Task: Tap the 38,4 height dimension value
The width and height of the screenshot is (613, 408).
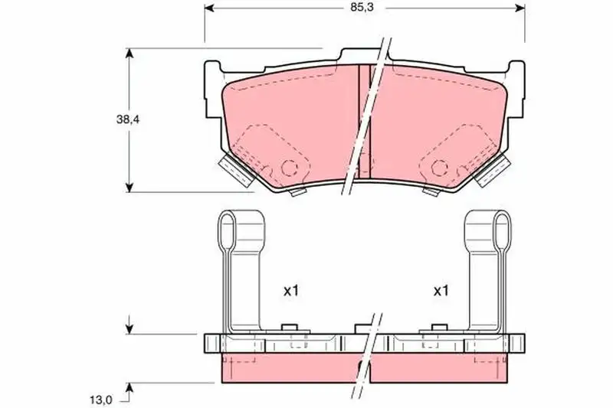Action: point(128,119)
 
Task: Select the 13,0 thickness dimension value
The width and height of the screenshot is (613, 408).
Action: point(101,400)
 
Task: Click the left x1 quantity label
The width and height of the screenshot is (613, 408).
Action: point(291,290)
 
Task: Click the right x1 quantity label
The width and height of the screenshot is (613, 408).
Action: point(441,290)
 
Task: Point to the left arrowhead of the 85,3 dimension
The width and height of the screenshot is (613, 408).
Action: point(209,8)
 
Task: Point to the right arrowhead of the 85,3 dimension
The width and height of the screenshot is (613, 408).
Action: point(520,8)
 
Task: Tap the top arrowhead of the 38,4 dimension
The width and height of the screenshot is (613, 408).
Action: point(129,53)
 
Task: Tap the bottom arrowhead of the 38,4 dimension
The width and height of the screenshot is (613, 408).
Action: point(129,188)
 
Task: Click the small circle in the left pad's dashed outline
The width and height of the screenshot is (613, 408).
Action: point(290,168)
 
